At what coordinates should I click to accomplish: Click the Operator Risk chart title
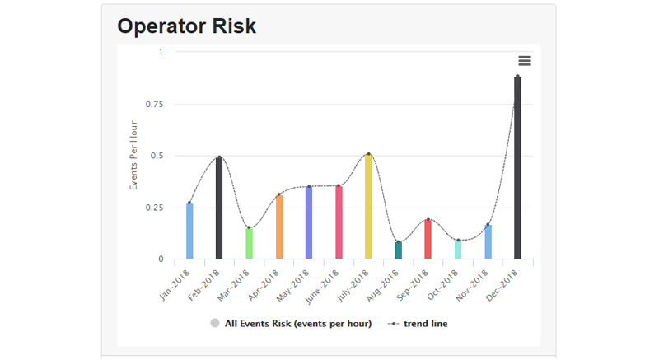pos(186,26)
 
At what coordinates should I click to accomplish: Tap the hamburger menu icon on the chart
pos(524,61)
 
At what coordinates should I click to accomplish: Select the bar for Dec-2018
pos(517,168)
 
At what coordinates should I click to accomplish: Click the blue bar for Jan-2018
pos(189,231)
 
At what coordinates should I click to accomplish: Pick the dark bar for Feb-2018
pos(219,208)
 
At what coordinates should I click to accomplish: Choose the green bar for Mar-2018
pos(250,244)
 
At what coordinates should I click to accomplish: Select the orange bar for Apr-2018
pos(279,227)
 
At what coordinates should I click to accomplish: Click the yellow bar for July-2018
pos(368,207)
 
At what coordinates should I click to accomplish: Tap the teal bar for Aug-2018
pos(399,250)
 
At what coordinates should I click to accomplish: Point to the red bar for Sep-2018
pos(428,240)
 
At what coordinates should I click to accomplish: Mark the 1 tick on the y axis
pos(160,52)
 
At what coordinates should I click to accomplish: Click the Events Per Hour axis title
pos(133,156)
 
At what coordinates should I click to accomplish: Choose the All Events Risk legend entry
pos(291,324)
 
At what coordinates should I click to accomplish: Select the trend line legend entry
pos(418,324)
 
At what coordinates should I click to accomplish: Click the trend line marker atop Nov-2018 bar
pos(488,225)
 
